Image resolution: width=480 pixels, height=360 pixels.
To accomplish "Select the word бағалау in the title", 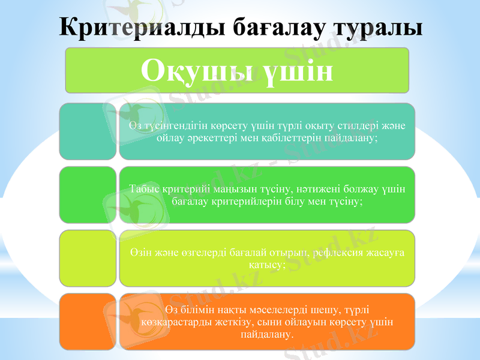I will coord(273,28).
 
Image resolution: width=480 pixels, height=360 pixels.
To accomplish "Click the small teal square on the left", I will coord(88,131).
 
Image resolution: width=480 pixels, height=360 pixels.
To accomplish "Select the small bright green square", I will coord(88,195).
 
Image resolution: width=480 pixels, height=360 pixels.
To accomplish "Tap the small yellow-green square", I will coord(88,258).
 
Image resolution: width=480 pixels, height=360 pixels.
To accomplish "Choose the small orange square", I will coord(88,322).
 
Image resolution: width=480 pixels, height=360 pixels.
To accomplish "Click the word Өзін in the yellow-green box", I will coord(139,253).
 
